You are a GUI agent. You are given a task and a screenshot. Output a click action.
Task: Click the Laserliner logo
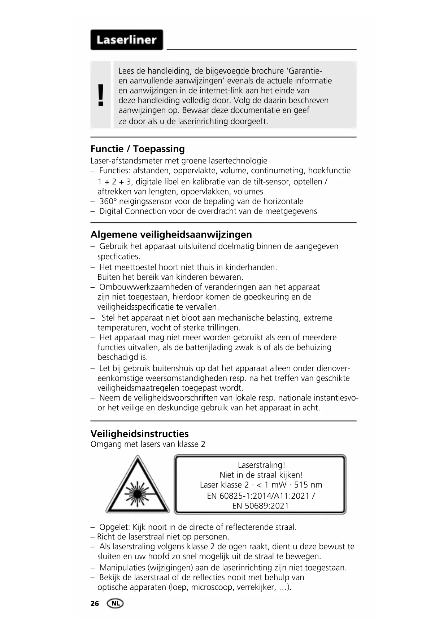tap(126, 40)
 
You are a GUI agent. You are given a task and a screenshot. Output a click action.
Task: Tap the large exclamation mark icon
tap(101, 95)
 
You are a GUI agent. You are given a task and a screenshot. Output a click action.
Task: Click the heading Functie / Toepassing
tap(138, 149)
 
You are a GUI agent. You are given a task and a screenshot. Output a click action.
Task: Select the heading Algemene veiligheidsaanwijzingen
tap(171, 235)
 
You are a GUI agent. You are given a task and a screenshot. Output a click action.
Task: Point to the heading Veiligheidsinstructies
tap(139, 434)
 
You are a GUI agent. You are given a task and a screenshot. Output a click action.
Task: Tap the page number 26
tap(95, 604)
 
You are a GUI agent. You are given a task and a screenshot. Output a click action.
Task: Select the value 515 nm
tap(308, 485)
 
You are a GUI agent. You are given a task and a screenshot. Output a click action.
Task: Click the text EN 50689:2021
tap(260, 506)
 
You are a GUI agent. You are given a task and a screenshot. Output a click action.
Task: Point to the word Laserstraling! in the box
tap(261, 465)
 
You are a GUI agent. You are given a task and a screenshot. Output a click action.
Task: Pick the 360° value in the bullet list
tap(108, 201)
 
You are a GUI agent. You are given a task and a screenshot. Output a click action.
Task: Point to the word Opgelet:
tap(114, 527)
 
